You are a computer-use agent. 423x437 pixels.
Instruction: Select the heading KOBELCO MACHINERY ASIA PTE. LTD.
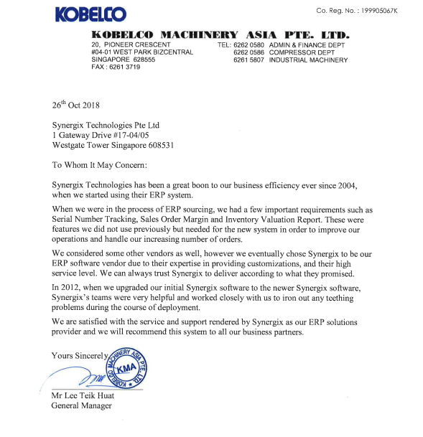pos(220,34)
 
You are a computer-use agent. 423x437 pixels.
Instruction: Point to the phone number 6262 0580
pos(248,44)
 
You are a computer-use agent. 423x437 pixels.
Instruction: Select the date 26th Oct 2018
pos(76,105)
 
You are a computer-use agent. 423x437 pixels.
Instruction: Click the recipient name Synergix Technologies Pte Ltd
pos(106,125)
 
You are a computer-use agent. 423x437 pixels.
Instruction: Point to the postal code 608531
pos(157,145)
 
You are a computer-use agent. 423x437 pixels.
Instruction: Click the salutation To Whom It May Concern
pos(100,165)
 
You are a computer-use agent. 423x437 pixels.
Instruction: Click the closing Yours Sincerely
pos(79,356)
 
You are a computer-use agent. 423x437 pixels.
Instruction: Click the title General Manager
pos(82,406)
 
